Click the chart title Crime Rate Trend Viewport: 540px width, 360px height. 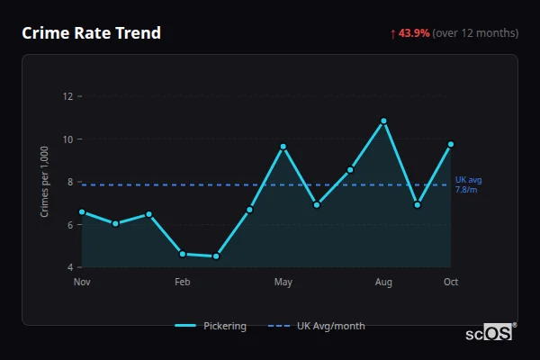point(91,33)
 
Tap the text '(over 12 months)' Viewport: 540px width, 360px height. point(475,33)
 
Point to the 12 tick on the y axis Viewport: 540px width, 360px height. point(67,96)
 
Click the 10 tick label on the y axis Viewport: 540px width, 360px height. point(67,139)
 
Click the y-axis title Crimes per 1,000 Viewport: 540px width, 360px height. point(44,182)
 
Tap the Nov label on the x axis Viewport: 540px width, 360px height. point(82,283)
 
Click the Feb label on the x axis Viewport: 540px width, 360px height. point(183,283)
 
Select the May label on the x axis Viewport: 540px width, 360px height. point(283,283)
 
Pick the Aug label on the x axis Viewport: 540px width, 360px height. point(383,283)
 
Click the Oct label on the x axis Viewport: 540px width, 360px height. point(451,283)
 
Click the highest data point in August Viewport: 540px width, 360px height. point(383,121)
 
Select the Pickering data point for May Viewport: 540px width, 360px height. point(283,147)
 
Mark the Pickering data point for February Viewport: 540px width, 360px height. point(183,254)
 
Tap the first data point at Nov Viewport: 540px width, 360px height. point(82,212)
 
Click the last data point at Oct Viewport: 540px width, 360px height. point(451,144)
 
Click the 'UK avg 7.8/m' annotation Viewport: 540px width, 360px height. point(467,185)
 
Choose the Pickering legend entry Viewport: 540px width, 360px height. point(211,326)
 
